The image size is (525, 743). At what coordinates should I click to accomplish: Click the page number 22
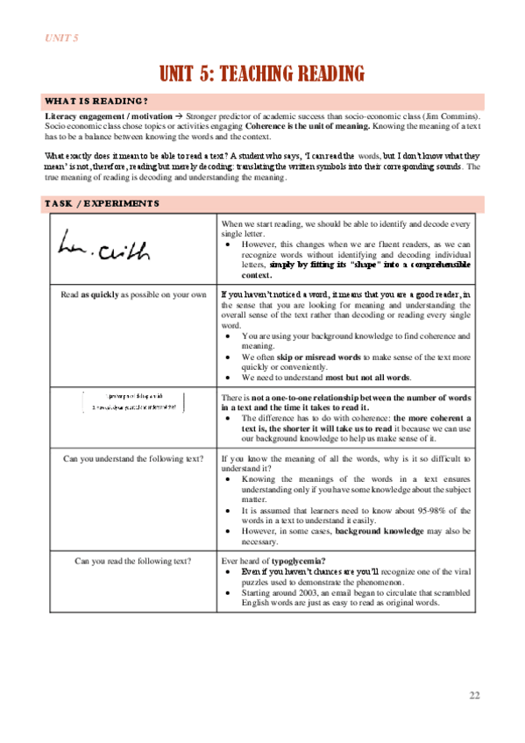pos(474,696)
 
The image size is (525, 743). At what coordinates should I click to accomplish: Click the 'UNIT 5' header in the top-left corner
pos(62,38)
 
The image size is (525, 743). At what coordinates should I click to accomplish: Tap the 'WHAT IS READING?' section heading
pos(97,101)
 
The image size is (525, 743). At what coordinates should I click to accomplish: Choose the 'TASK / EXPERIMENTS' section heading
pos(102,204)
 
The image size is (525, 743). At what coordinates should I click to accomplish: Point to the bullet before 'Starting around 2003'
pos(228,592)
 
